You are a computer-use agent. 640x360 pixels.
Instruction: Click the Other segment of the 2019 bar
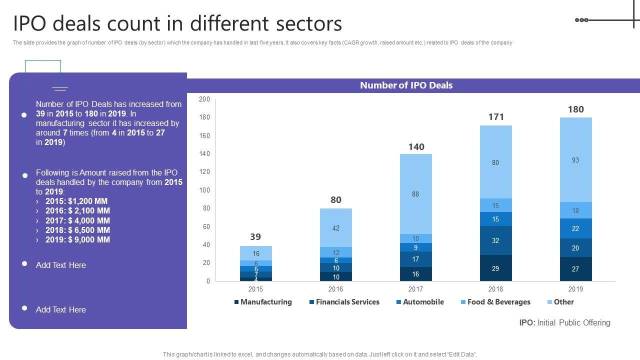tap(575, 160)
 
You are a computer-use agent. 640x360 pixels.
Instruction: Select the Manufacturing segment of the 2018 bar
tap(495, 268)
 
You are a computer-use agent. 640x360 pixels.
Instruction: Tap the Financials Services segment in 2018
tap(495, 240)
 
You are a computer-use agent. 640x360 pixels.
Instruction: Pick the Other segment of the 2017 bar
tap(415, 194)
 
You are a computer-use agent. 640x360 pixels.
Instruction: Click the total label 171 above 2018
tap(495, 117)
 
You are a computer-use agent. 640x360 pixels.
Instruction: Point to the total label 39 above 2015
tap(255, 237)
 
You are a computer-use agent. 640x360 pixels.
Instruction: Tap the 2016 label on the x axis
tap(335, 289)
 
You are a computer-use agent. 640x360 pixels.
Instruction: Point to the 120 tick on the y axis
tap(204, 172)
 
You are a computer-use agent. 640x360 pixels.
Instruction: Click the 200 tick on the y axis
tap(204, 99)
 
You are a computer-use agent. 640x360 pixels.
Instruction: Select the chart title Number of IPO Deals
tap(406, 85)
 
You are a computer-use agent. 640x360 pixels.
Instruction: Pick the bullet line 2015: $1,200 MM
tap(76, 201)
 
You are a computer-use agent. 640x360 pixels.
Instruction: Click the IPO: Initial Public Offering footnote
tap(564, 323)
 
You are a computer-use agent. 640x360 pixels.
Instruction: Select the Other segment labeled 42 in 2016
tap(335, 228)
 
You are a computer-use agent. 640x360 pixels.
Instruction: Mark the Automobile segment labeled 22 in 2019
tap(575, 228)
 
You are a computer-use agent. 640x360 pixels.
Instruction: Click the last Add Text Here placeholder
tap(61, 310)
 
